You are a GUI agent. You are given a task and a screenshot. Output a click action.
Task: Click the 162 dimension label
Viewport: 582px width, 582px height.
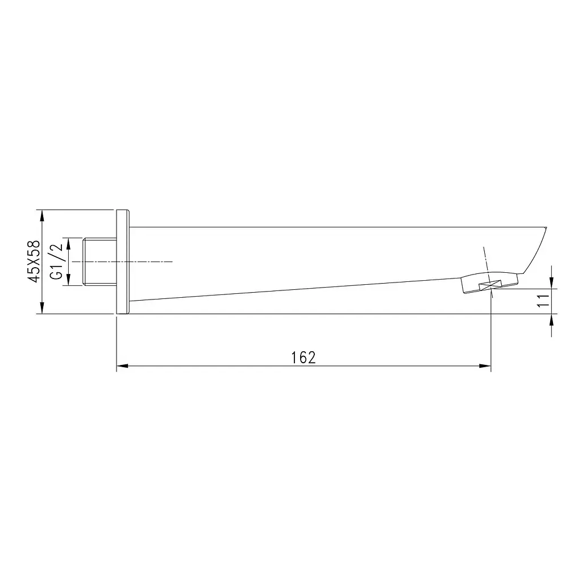(x=304, y=357)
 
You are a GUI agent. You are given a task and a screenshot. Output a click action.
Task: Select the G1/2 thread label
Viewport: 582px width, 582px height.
(x=57, y=261)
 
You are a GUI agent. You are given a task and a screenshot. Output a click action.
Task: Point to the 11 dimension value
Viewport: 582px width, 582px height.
(x=543, y=301)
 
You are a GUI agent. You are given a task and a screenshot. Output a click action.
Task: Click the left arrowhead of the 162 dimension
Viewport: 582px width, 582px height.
(x=123, y=366)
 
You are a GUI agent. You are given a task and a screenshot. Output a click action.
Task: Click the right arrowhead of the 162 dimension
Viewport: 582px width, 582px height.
(x=485, y=366)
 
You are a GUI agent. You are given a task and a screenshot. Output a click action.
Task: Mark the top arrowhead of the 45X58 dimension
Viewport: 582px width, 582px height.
(x=41, y=217)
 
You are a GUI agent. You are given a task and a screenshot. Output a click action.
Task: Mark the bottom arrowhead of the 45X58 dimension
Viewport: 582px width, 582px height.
(x=41, y=308)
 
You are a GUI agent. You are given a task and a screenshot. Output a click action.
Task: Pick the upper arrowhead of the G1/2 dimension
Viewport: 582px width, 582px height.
(x=69, y=244)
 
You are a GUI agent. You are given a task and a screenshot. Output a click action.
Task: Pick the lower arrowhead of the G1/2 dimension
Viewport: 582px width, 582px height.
(x=69, y=279)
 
